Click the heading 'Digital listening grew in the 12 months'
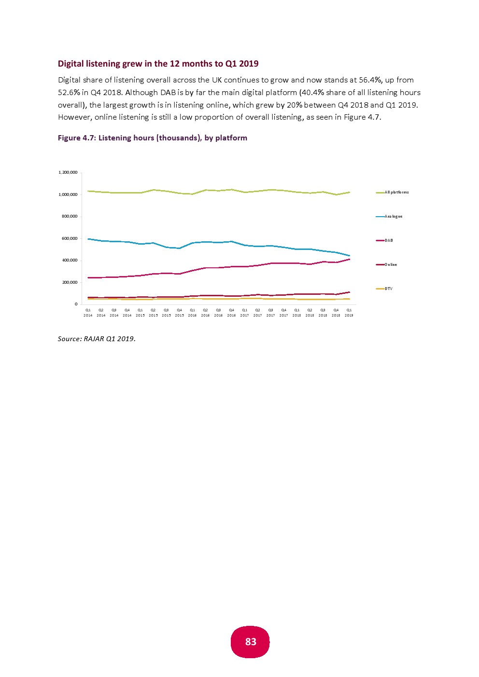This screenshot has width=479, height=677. [x=158, y=64]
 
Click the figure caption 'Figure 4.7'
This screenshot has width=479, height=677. [x=152, y=138]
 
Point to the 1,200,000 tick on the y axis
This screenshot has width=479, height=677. [x=68, y=173]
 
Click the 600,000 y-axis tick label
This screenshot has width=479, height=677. [x=70, y=239]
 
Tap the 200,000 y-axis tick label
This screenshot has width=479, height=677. [x=70, y=283]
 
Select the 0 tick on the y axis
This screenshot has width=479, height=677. [x=76, y=304]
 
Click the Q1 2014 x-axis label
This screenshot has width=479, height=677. [x=88, y=313]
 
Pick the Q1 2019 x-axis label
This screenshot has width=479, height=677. [x=349, y=313]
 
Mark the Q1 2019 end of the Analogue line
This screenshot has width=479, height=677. [x=349, y=256]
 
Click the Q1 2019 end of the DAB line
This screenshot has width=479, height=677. [x=349, y=259]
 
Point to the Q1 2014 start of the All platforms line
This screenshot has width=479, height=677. [x=88, y=191]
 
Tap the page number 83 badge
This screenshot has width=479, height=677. [x=250, y=642]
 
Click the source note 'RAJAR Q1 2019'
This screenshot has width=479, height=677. [x=97, y=339]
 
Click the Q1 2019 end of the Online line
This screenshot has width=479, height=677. [x=349, y=292]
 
